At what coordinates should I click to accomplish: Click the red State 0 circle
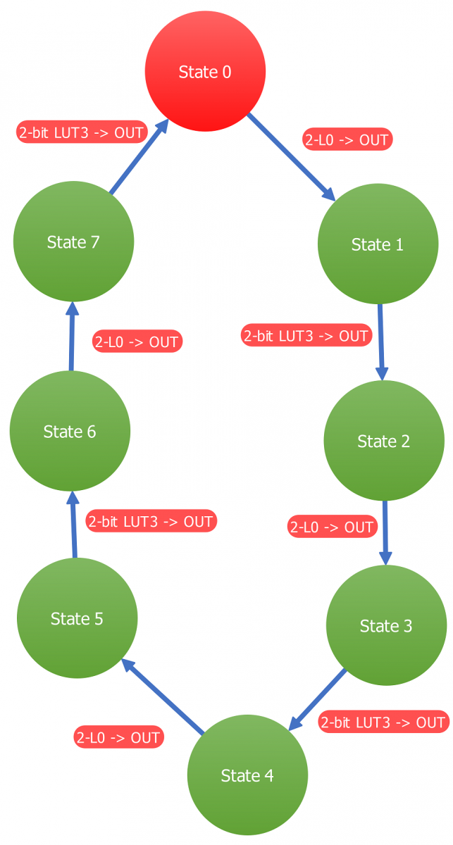[x=205, y=71]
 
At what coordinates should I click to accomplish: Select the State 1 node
[x=378, y=244]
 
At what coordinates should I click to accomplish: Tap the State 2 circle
[x=384, y=441]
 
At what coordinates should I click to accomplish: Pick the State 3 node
[x=386, y=625]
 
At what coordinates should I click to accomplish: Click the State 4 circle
[x=247, y=775]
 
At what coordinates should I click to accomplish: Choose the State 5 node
[x=77, y=618]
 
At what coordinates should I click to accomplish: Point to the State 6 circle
[x=70, y=431]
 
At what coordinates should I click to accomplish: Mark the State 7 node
[x=73, y=242]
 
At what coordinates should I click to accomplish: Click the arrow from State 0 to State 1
[x=290, y=156]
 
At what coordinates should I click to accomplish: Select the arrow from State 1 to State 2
[x=381, y=342]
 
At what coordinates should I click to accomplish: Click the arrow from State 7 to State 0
[x=139, y=156]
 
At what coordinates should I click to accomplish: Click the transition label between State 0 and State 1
[x=347, y=139]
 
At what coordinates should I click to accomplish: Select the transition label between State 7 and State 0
[x=81, y=132]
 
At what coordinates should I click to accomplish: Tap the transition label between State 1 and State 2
[x=306, y=336]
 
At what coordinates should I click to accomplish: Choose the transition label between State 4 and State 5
[x=118, y=737]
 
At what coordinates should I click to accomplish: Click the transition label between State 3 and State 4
[x=383, y=722]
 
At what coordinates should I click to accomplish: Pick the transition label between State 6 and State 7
[x=137, y=342]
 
